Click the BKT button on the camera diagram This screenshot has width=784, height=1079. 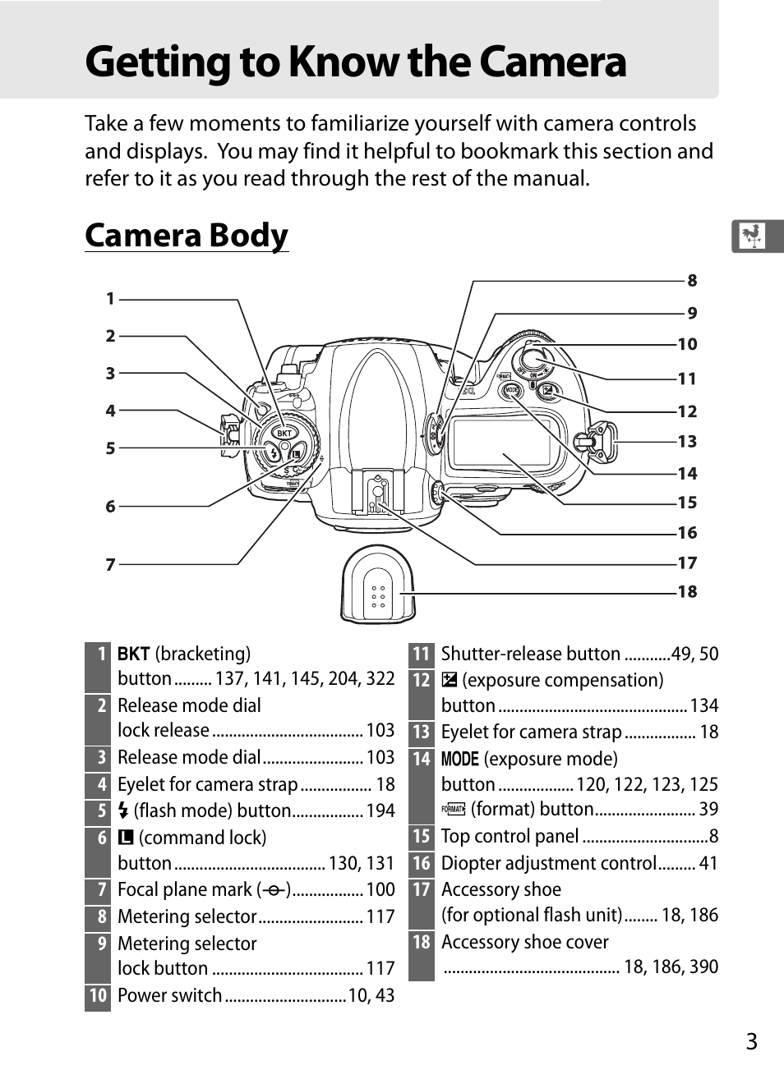284,433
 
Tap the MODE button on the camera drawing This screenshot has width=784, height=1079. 511,390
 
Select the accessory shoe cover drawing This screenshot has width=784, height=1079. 377,585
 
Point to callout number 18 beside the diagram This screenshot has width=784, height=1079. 688,591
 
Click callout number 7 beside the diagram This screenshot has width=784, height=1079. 110,565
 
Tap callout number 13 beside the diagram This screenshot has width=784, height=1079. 688,441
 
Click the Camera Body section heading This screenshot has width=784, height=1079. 187,236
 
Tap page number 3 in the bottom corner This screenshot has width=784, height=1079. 752,1041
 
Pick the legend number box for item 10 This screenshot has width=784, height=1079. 98,995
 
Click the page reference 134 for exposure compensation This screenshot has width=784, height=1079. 704,705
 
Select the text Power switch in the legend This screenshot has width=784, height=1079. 170,995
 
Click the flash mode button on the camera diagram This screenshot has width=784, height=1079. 273,453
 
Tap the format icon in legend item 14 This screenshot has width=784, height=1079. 454,810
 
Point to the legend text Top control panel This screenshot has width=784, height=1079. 510,836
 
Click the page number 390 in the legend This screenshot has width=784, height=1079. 704,967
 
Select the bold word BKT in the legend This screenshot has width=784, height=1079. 134,654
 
